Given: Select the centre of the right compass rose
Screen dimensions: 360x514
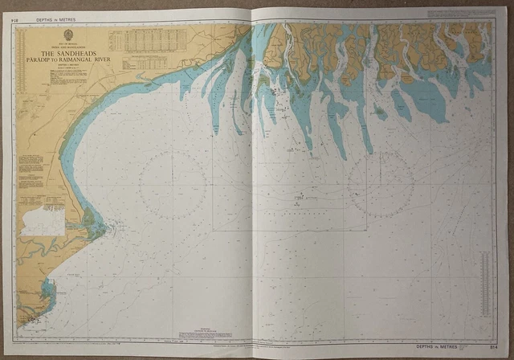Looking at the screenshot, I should point(381,184).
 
